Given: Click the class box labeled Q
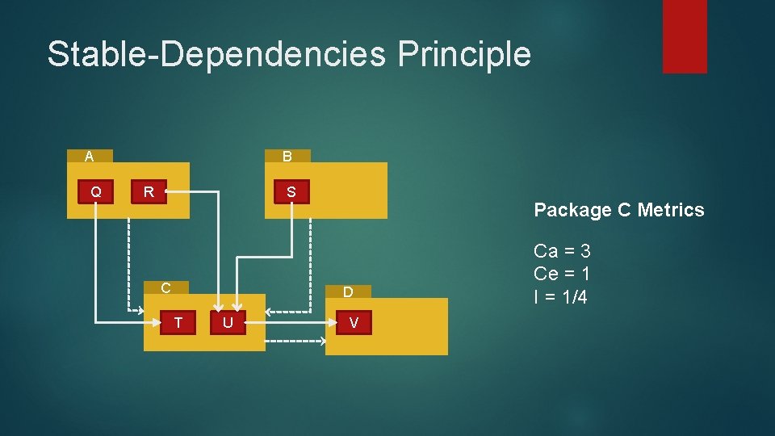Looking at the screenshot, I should click(96, 191).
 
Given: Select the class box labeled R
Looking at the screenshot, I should click(149, 191).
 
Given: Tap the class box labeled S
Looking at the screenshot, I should click(291, 192).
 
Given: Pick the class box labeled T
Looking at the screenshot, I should click(178, 323).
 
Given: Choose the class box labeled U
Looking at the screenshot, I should click(228, 323).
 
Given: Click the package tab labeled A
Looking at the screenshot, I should click(89, 156).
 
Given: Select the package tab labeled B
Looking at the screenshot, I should click(287, 156).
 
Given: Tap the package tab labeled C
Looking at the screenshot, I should click(165, 287).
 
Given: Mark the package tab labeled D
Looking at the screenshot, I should click(348, 291).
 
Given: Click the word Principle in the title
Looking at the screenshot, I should click(464, 54).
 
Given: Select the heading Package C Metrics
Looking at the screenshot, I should click(618, 210).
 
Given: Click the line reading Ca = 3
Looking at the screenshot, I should click(562, 251).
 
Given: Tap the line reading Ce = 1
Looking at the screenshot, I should click(562, 274).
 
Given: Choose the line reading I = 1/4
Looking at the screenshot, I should click(560, 296).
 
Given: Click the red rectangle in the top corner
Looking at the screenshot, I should click(685, 36).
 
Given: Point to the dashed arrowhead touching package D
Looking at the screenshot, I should click(321, 342).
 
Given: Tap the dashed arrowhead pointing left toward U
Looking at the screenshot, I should click(270, 312).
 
